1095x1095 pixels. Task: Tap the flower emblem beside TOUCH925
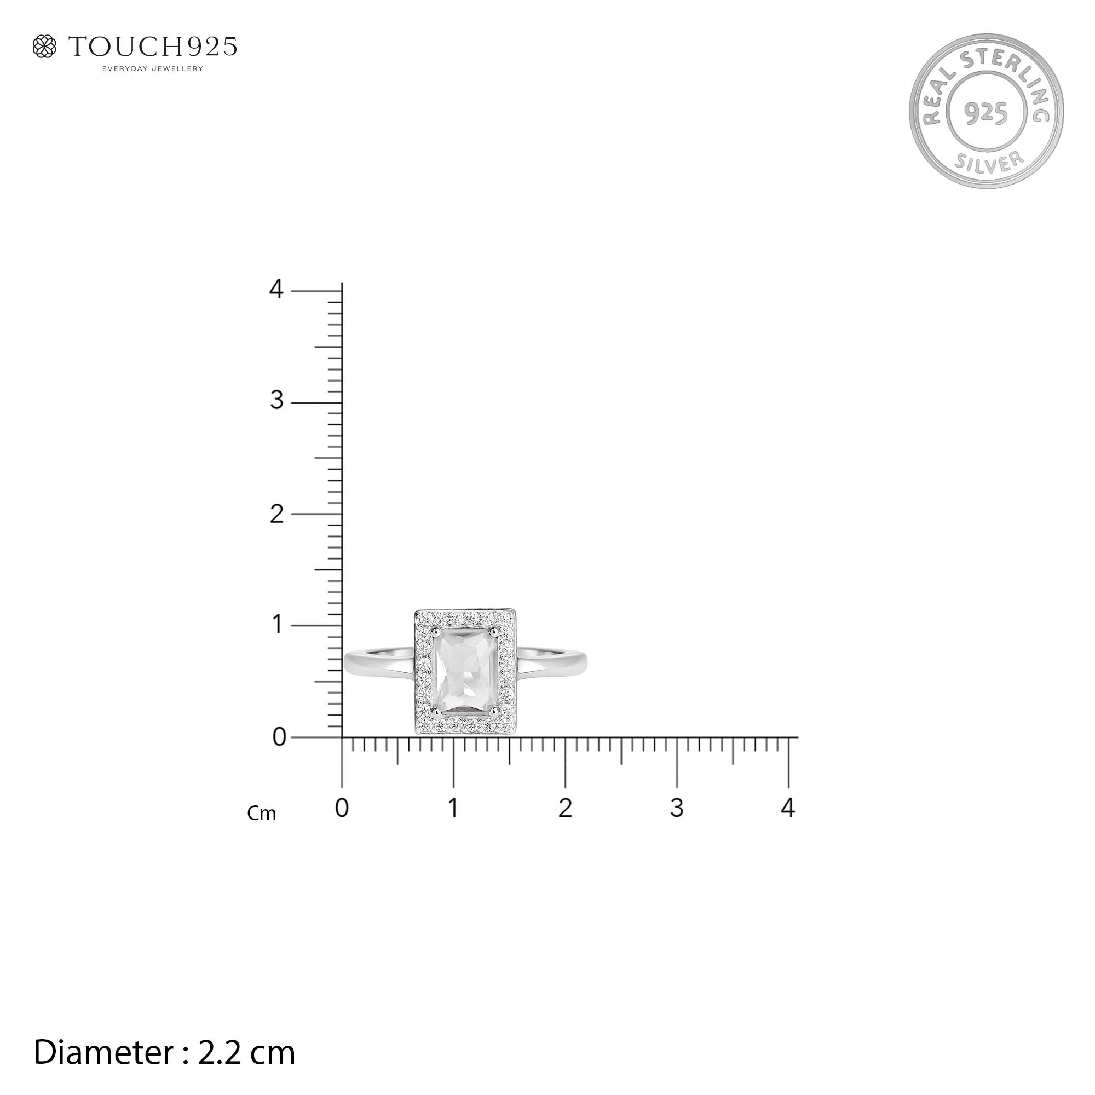(x=45, y=47)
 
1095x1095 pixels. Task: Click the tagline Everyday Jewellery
(x=152, y=69)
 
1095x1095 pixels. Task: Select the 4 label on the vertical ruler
(x=276, y=290)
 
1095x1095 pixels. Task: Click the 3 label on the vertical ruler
(x=276, y=401)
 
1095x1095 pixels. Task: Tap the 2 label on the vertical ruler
(x=276, y=514)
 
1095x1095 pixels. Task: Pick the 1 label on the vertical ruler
(x=278, y=625)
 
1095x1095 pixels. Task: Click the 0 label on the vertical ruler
(x=279, y=737)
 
